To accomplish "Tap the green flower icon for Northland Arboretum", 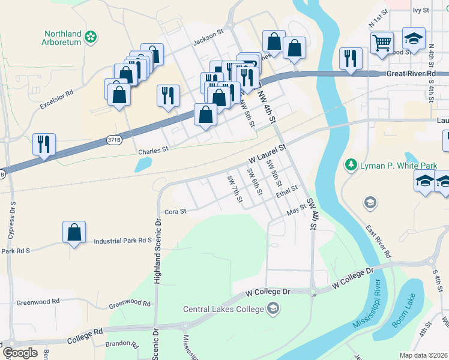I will [91, 37].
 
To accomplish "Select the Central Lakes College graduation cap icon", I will [274, 309].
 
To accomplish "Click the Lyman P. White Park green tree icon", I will [351, 164].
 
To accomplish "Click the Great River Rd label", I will [411, 73].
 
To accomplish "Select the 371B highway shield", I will [113, 139].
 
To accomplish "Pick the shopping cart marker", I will [382, 43].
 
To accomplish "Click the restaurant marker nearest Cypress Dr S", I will [44, 144].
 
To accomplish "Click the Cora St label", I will [176, 211].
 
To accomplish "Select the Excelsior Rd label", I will [56, 100].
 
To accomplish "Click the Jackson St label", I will [208, 43].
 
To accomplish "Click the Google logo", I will [19, 353].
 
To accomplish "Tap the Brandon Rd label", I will [122, 344].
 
